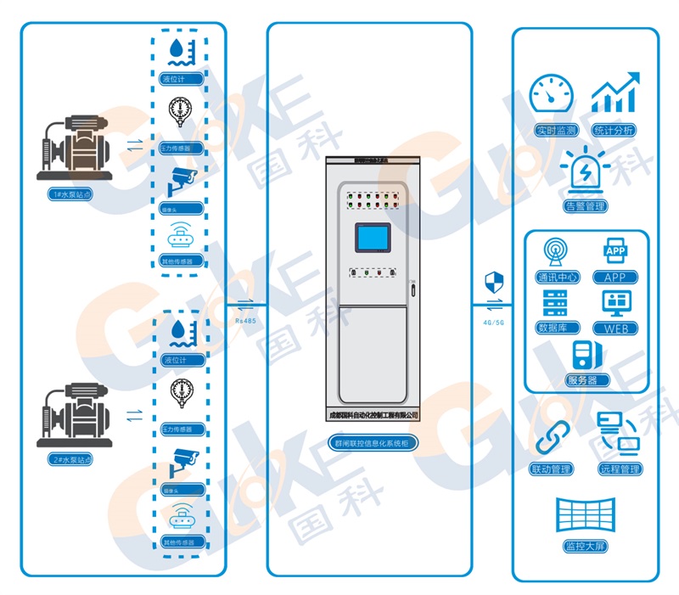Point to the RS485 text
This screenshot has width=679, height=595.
click(245, 322)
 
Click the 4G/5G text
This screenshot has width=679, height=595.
click(493, 322)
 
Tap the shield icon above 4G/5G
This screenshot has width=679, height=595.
click(492, 282)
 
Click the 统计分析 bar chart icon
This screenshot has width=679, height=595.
click(616, 95)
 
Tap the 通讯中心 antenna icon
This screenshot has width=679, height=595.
click(557, 252)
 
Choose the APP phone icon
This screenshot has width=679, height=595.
click(615, 252)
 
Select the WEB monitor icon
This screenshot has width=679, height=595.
click(615, 303)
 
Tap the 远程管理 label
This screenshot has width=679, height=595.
click(620, 469)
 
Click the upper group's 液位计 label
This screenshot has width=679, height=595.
click(180, 79)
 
